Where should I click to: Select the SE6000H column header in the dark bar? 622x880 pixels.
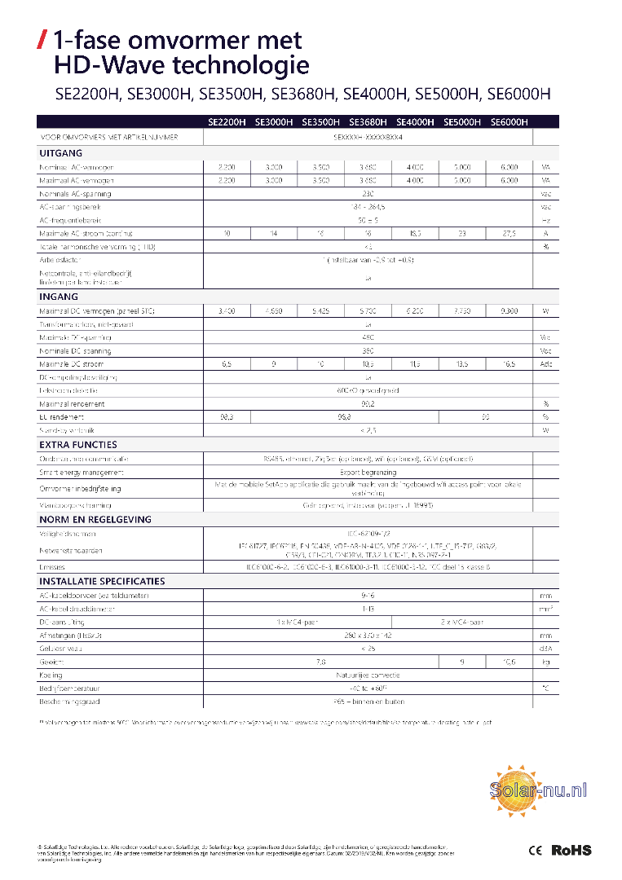[510, 122]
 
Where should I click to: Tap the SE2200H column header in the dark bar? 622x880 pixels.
[226, 122]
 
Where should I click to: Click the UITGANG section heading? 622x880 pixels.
[60, 152]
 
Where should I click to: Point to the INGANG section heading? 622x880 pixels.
[59, 297]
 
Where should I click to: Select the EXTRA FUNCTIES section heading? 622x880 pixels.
[78, 445]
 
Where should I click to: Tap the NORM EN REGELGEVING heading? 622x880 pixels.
[95, 519]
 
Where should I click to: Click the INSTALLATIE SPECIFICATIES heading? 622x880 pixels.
[102, 581]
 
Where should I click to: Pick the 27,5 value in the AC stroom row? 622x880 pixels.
[509, 234]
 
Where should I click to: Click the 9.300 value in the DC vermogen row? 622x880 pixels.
[509, 311]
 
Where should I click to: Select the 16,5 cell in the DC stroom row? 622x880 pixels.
[509, 364]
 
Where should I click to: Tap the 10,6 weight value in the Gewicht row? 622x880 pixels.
[509, 662]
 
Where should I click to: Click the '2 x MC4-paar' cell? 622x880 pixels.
[461, 622]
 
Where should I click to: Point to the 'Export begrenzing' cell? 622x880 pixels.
[368, 472]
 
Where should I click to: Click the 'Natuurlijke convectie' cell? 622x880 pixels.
[368, 675]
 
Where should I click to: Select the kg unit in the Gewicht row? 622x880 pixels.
[545, 662]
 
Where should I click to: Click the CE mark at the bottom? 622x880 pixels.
[536, 850]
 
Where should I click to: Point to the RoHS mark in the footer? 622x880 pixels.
[571, 850]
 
